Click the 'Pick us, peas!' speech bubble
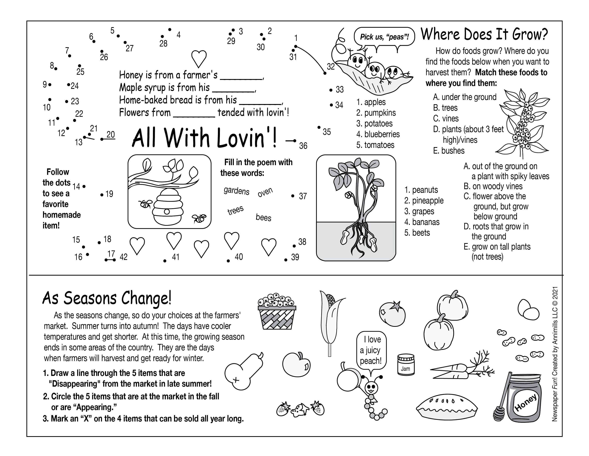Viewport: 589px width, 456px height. coord(384,37)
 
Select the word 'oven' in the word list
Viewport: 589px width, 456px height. coord(265,192)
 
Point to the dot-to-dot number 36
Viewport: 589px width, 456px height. coord(303,146)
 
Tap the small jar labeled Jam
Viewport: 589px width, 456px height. coord(405,365)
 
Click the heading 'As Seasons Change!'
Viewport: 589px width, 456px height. coord(107,298)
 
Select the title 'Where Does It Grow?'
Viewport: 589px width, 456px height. coord(484,35)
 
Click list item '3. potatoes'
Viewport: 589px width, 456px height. coord(374,123)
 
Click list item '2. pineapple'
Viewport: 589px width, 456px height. coord(424,200)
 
